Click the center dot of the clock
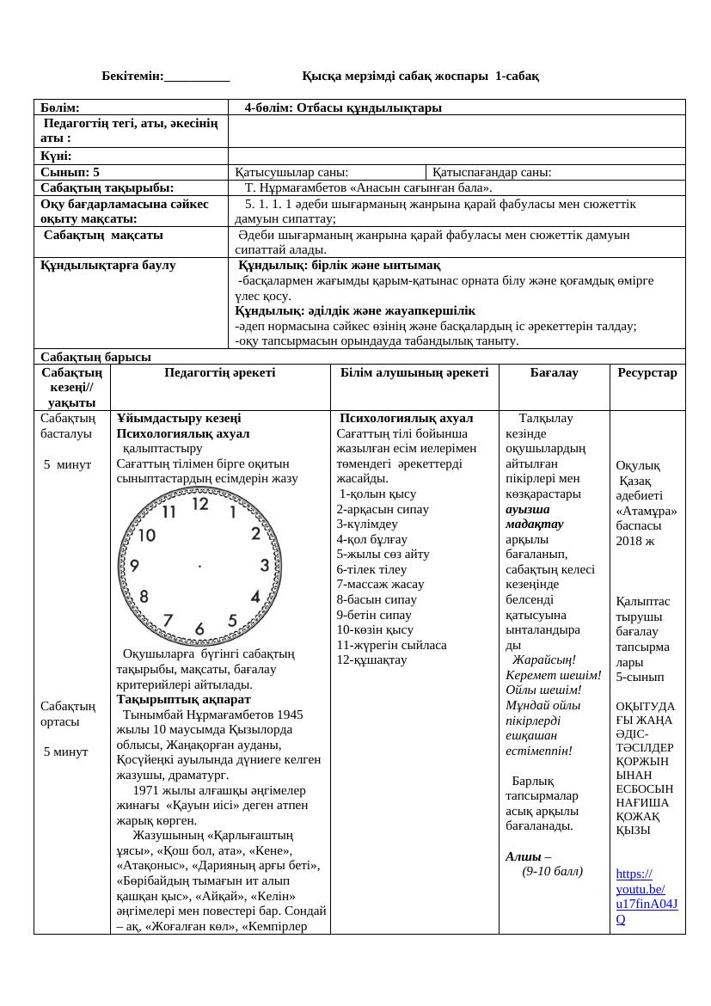click(199, 566)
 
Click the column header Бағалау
click(554, 373)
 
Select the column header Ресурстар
click(647, 373)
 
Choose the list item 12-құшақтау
click(372, 659)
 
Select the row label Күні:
click(55, 156)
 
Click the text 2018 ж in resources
click(634, 541)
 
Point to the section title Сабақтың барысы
click(95, 356)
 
